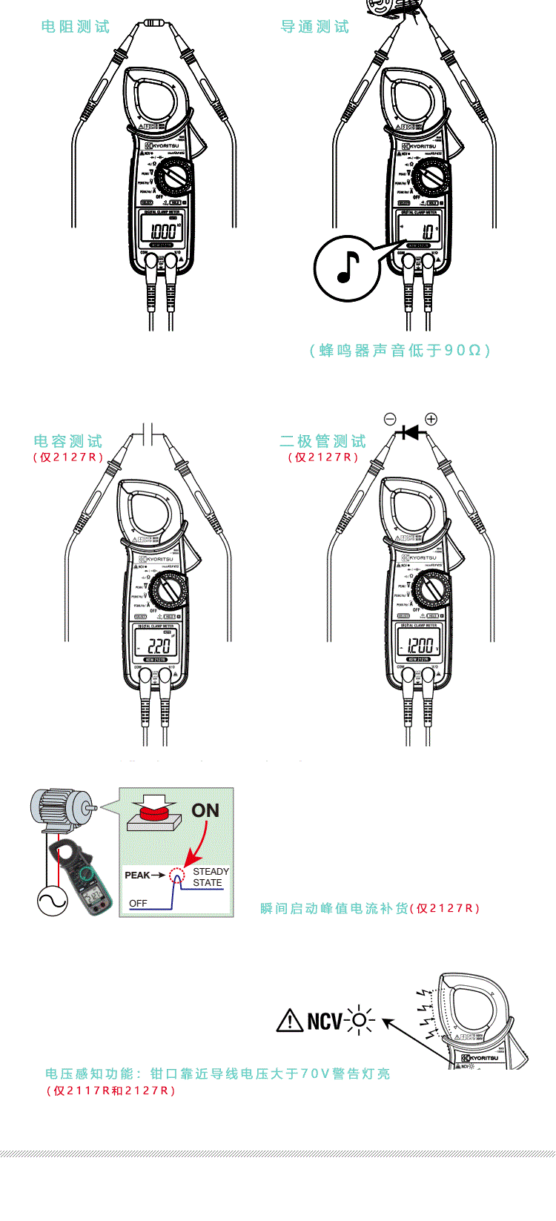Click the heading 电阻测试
point(76,27)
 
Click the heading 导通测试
point(315,27)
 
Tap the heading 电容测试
point(68,442)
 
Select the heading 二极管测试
point(323,442)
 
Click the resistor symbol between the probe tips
point(154,23)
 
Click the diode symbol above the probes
point(410,431)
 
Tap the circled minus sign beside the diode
point(390,419)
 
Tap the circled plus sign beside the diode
point(431,419)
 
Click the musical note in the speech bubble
point(348,268)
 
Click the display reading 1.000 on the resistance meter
point(162,231)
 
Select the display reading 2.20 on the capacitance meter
point(158,644)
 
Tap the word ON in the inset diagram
point(205,810)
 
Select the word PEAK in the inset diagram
point(138,876)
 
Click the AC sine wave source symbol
point(53,901)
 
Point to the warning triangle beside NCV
point(289,1021)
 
